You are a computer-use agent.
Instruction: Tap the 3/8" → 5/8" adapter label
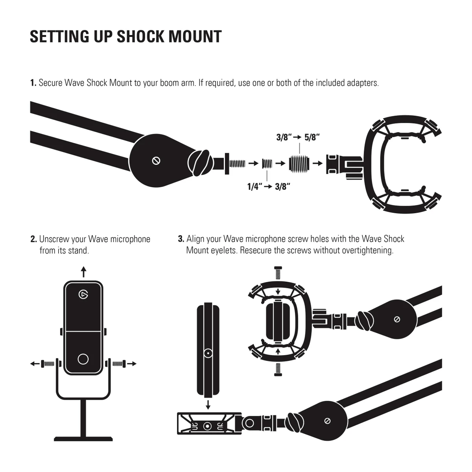pyautogui.click(x=298, y=137)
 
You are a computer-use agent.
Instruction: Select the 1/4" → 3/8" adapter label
pyautogui.click(x=269, y=187)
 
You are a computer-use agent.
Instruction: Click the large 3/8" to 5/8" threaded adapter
pyautogui.click(x=299, y=163)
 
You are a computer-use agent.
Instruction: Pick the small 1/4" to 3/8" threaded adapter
pyautogui.click(x=267, y=163)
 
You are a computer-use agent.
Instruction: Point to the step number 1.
pyautogui.click(x=33, y=83)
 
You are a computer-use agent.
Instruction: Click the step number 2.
pyautogui.click(x=34, y=239)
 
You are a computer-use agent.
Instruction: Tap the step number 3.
pyautogui.click(x=181, y=239)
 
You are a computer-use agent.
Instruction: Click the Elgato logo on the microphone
pyautogui.click(x=83, y=294)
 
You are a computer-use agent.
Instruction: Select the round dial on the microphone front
pyautogui.click(x=83, y=359)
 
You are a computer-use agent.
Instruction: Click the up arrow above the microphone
pyautogui.click(x=83, y=272)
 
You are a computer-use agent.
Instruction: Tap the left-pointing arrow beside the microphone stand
pyautogui.click(x=35, y=364)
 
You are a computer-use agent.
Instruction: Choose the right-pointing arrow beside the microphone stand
pyautogui.click(x=131, y=364)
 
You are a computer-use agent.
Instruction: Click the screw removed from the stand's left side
pyautogui.click(x=48, y=364)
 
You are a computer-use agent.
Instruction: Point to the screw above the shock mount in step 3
pyautogui.click(x=278, y=273)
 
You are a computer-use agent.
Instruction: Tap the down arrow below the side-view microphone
pyautogui.click(x=208, y=404)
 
